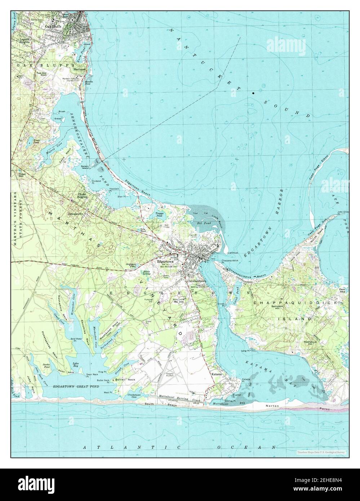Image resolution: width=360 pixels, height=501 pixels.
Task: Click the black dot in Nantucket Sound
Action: pos(253,93)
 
